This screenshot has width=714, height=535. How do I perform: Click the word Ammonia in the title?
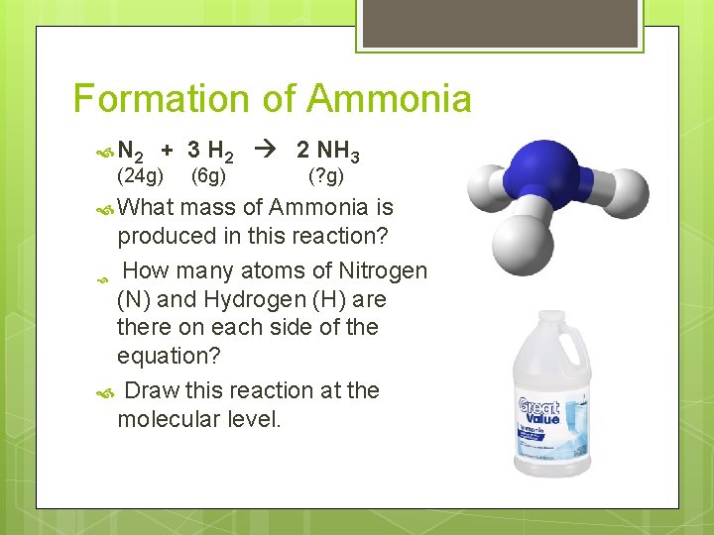coord(389,99)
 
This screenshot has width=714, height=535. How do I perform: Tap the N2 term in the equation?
coord(130,152)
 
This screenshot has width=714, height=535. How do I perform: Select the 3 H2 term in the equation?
coord(210,152)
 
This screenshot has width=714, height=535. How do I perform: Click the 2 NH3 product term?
coord(328,152)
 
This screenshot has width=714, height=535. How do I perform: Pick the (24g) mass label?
coord(141,176)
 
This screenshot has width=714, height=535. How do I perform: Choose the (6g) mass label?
coord(208,176)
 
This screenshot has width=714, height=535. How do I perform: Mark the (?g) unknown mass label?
coord(326,176)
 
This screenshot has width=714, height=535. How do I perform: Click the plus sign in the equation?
coord(168,151)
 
